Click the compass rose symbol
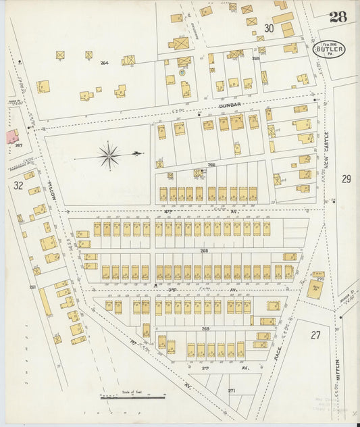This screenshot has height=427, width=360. pos(109,155)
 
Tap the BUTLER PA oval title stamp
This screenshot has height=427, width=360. pos(330,49)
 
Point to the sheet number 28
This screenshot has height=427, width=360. pos(338,16)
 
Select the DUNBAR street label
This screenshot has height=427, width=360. pos(230,106)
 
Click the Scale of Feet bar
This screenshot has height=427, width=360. pos(131,397)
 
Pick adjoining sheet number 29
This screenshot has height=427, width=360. pos(346,179)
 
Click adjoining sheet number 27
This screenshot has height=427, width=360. pos(316,335)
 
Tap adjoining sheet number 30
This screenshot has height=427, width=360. pos(269,28)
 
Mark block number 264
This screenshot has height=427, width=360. pos(105,63)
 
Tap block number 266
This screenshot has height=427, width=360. pos(211,164)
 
